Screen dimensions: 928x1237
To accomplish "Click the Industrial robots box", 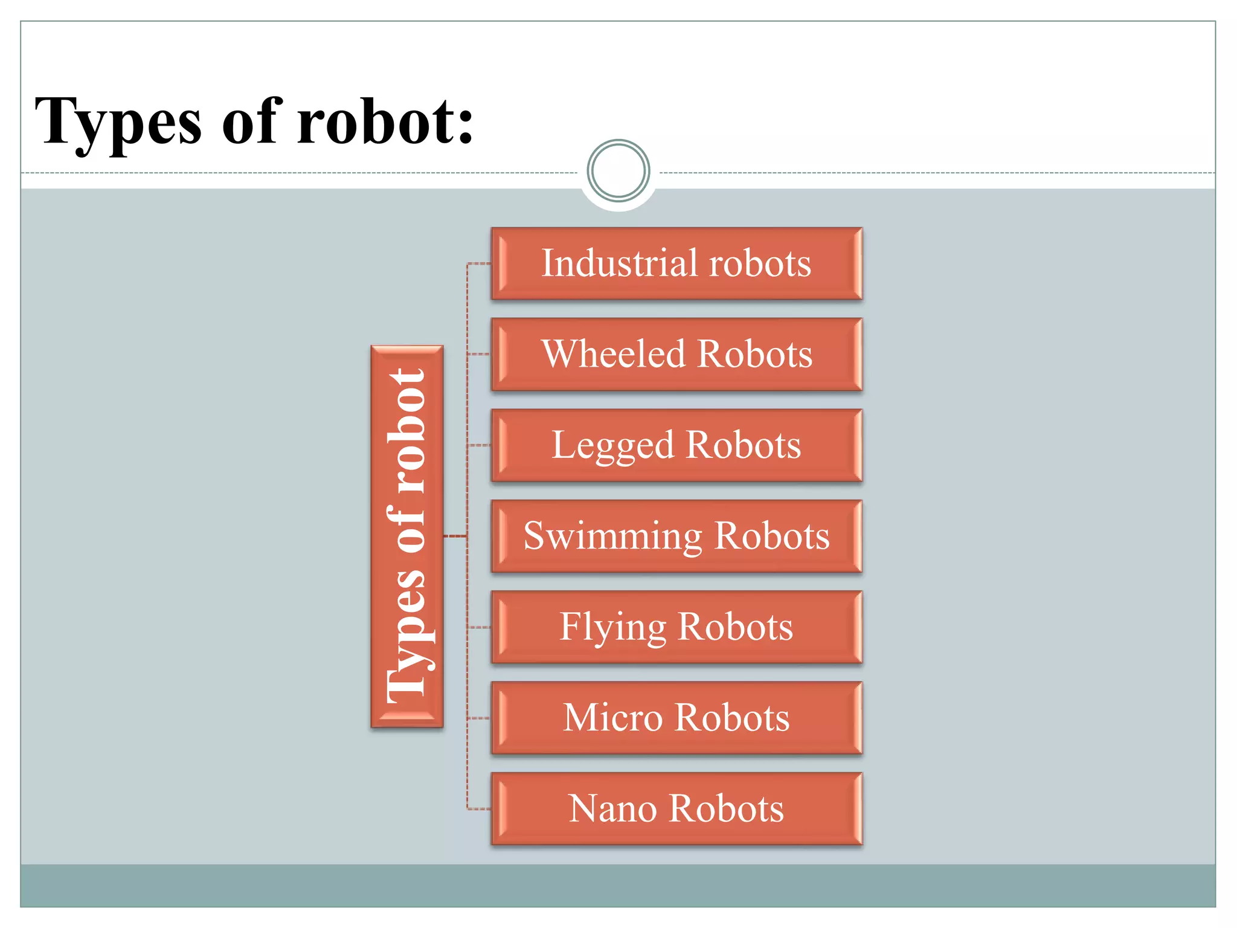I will (676, 263).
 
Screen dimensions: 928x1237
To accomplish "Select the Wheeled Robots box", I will (676, 354).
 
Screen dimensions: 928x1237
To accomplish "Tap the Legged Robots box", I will (676, 445).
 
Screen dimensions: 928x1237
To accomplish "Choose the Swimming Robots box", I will (676, 536).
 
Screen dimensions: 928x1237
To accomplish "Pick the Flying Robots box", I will (676, 627).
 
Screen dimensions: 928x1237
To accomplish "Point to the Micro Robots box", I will (676, 718).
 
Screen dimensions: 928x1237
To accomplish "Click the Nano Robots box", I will (676, 808).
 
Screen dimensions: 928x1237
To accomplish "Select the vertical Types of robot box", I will (407, 536).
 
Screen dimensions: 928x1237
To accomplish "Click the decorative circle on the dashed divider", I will (618, 171).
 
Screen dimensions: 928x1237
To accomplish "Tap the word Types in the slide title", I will (118, 123).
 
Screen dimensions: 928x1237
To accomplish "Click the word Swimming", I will (612, 536).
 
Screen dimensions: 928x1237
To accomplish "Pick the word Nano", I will (612, 808).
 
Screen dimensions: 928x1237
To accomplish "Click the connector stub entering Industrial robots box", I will (480, 264).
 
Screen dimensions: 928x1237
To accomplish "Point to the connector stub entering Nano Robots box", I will (480, 808).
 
